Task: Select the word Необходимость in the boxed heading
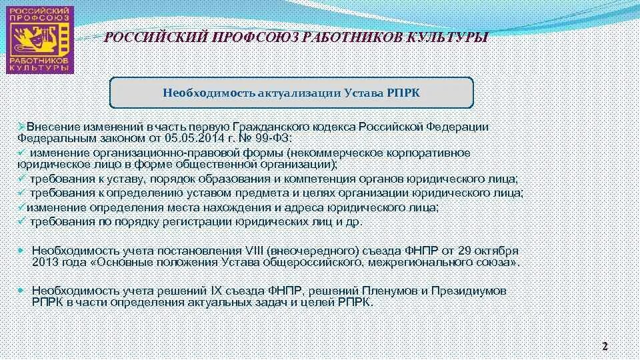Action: pyautogui.click(x=205, y=92)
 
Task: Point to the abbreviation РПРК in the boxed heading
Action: pyautogui.click(x=403, y=92)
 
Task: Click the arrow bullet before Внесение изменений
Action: pyautogui.click(x=21, y=126)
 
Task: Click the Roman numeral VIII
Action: pyautogui.click(x=252, y=251)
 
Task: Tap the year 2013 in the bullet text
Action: pyautogui.click(x=45, y=262)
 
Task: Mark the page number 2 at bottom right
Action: pyautogui.click(x=605, y=345)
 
